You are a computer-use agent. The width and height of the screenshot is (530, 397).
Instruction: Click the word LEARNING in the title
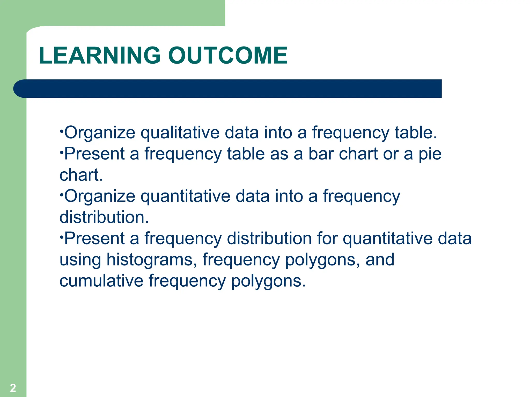click(100, 55)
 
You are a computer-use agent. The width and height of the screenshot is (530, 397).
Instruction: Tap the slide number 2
click(13, 388)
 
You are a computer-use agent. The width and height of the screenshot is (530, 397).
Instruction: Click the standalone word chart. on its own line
click(81, 175)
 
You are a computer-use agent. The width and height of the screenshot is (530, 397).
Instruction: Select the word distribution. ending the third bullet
click(104, 217)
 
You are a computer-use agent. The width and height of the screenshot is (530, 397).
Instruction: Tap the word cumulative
click(101, 281)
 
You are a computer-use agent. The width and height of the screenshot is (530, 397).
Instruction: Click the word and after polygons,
click(380, 259)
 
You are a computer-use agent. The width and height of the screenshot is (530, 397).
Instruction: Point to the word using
click(80, 260)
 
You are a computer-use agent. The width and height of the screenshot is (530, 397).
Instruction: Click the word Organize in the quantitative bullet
click(100, 196)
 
